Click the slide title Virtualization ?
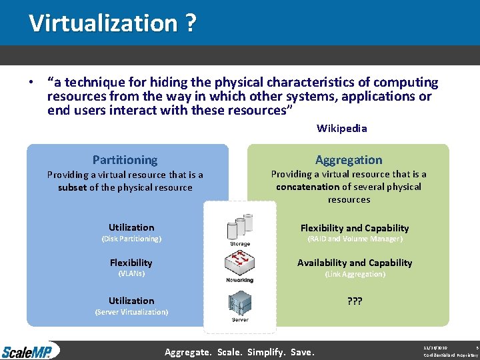pos(112,23)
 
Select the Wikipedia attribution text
pos(341,128)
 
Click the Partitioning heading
pos(125,160)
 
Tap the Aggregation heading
pos(349,160)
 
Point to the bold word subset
pos(72,187)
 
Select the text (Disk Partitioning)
pos(131,239)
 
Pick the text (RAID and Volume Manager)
pos(354,239)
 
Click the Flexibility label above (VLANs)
pos(131,263)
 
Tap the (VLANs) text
pos(131,273)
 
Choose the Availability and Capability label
pos(354,263)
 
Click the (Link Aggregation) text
pos(354,274)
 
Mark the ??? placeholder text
pos(354,301)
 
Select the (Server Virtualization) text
pos(131,312)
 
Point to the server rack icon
pos(240,303)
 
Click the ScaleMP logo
pos(30,351)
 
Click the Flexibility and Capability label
pos(354,228)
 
